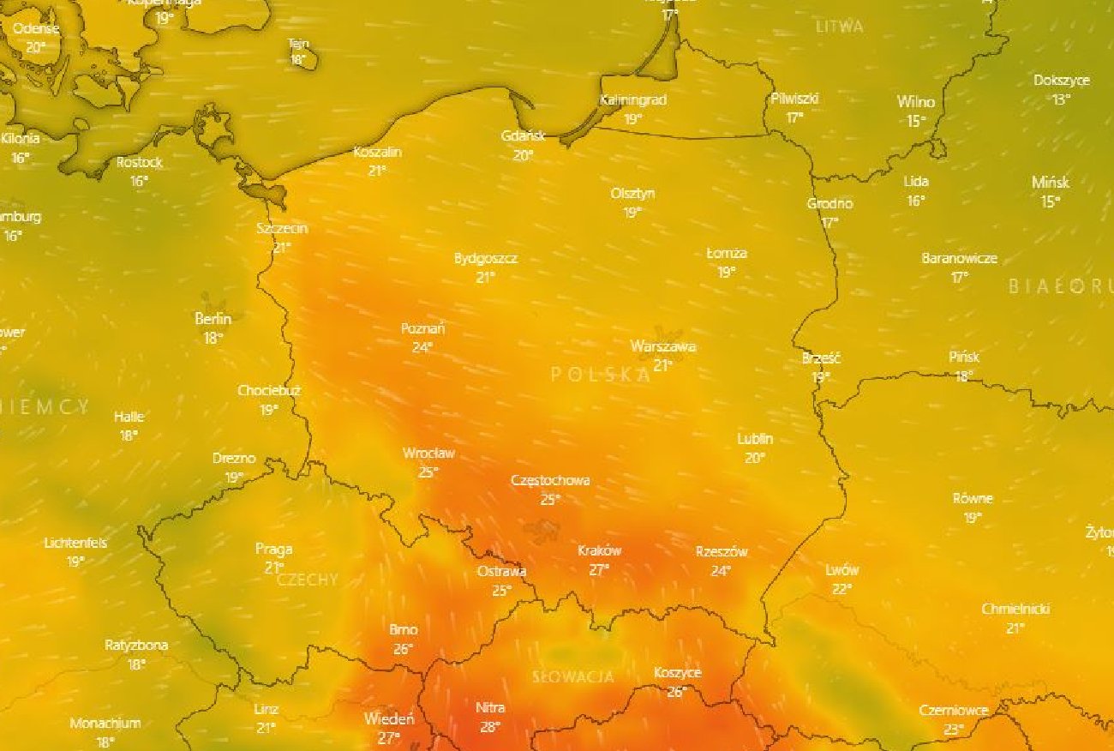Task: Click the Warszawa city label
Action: click(x=662, y=347)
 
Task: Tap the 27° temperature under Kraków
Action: click(x=599, y=569)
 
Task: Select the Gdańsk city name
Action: click(x=523, y=136)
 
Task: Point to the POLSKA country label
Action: click(x=600, y=374)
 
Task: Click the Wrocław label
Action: click(x=428, y=454)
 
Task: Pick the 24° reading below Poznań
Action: click(x=422, y=347)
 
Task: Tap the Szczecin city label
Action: click(x=282, y=229)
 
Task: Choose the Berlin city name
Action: click(x=213, y=319)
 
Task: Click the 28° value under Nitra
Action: click(x=490, y=727)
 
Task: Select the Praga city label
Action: click(x=273, y=549)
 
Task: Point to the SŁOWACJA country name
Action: click(x=573, y=677)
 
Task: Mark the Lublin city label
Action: click(x=755, y=439)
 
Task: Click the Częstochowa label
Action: click(x=550, y=481)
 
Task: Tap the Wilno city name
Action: click(x=915, y=102)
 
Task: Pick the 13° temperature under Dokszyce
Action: click(x=1062, y=99)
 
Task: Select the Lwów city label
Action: click(x=841, y=570)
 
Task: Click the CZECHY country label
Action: click(x=308, y=580)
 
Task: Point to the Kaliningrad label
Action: click(x=633, y=100)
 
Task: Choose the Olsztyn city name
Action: click(x=632, y=194)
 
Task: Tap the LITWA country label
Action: click(x=839, y=27)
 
